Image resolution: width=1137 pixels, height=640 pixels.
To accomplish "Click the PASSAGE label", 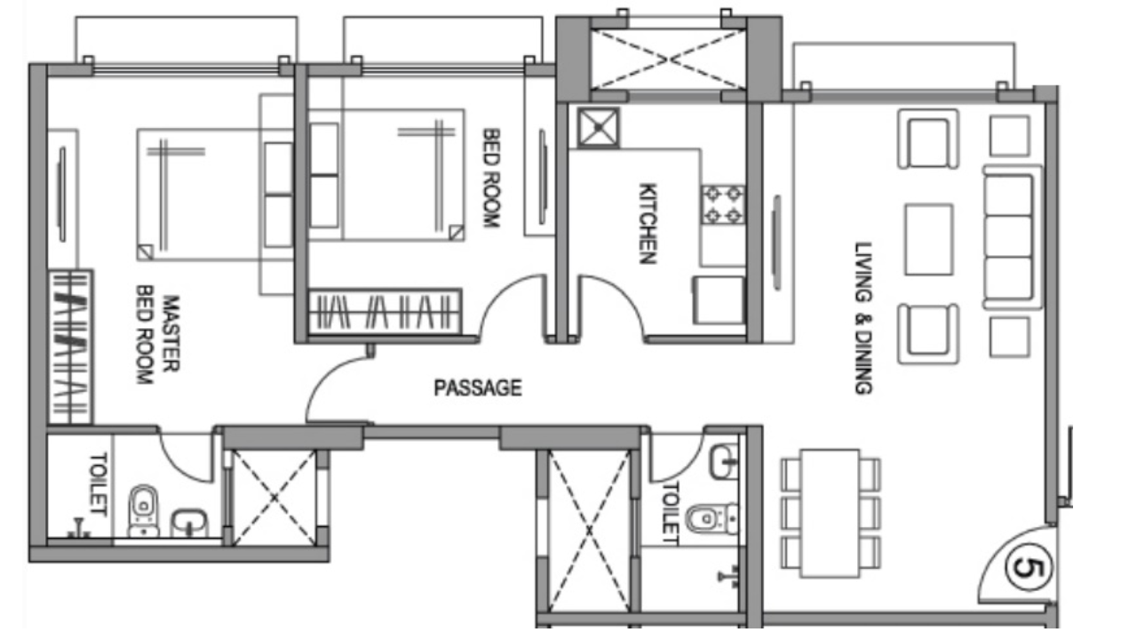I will tap(477, 388).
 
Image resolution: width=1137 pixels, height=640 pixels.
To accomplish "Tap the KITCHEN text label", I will tap(648, 223).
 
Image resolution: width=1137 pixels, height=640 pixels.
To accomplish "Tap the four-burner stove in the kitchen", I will tap(722, 204).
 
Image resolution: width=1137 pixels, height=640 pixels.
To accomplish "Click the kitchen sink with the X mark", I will tap(597, 128).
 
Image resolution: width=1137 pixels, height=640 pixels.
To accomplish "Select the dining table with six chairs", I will tap(831, 512).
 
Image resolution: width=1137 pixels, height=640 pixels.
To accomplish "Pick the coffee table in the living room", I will tap(928, 239).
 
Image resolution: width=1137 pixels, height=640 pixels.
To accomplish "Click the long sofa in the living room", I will tap(1012, 239).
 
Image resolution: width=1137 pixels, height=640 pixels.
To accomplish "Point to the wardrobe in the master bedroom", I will tap(70, 346).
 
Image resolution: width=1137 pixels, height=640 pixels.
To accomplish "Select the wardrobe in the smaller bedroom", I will tap(384, 312).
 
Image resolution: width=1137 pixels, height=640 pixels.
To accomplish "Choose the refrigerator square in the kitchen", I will tap(718, 300).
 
